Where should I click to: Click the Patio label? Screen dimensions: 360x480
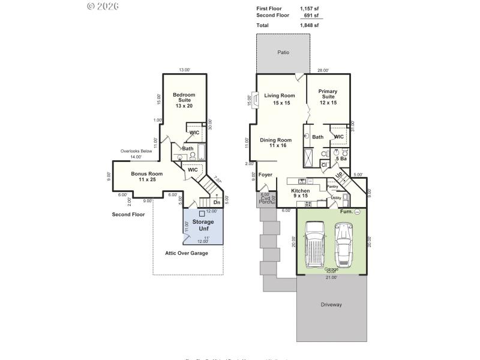pos(283,53)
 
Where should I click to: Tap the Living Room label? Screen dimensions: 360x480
pos(280,99)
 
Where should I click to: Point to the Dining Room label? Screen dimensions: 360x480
pos(275,143)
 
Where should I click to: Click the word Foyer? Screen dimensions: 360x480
pos(265,175)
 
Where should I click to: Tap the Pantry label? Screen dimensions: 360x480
pos(333,187)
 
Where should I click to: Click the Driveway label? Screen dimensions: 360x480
pos(331,305)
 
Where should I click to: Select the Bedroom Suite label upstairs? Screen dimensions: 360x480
pos(184,100)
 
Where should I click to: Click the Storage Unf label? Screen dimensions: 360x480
pos(203,225)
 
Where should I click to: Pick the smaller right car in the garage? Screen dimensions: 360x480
pos(344,245)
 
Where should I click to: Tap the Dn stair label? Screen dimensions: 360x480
pos(217,203)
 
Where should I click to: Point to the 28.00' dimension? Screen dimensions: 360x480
pos(323,71)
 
